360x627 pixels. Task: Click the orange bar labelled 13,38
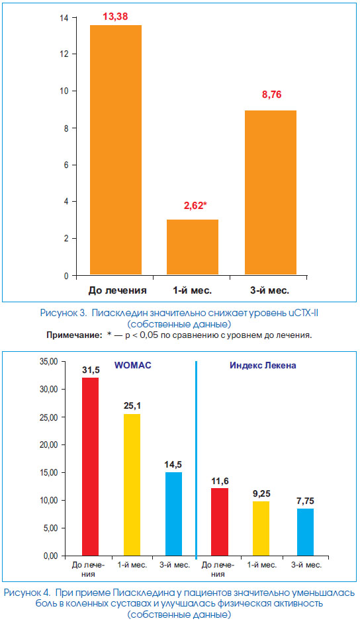coord(116,149)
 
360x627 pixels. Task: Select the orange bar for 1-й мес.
coord(193,247)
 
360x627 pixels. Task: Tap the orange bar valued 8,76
coord(271,192)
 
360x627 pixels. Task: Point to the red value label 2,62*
coord(195,206)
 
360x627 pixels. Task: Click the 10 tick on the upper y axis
coord(64,91)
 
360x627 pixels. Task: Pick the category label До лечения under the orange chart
coord(117,290)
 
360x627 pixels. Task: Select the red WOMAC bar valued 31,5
coord(91,467)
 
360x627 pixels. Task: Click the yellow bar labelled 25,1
coord(132,485)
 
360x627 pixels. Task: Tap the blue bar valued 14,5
coord(173,514)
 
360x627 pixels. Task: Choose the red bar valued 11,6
coord(220,522)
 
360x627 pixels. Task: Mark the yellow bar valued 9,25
coord(261,528)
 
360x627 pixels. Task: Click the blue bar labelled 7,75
coord(305,532)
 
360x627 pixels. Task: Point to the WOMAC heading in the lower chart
coord(133,365)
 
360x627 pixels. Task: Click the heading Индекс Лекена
coord(263,365)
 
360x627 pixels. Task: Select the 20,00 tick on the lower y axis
coord(49,444)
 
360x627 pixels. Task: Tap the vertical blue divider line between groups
coord(196,460)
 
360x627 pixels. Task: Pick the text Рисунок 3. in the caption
coord(64,313)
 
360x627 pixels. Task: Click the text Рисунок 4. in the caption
coord(28,593)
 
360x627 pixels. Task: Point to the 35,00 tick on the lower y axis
coord(49,362)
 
